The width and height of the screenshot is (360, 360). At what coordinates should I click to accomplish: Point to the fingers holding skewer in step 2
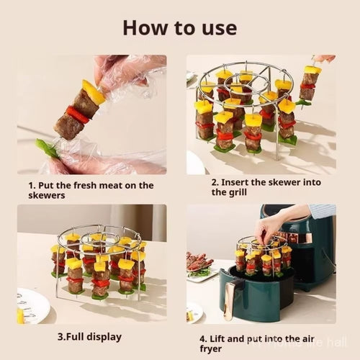pos(324,58)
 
